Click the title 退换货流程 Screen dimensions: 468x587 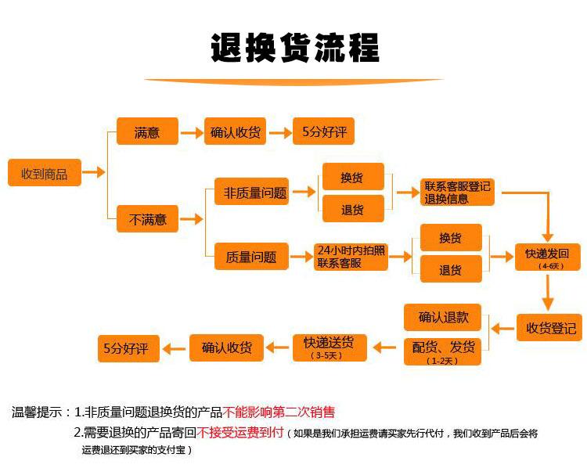[x=294, y=48]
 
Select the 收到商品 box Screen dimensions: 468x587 [x=44, y=173]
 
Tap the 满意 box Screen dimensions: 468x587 [x=147, y=132]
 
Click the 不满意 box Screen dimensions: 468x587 [x=147, y=219]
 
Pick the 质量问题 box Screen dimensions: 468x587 [x=251, y=256]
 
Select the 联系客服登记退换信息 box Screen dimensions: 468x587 [x=457, y=192]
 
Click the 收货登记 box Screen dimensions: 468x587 [x=550, y=327]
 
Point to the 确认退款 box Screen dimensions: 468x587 [x=443, y=317]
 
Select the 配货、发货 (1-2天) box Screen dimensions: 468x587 [x=443, y=351]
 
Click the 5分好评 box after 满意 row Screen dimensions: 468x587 [x=324, y=132]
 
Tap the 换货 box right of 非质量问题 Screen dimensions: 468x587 [x=353, y=177]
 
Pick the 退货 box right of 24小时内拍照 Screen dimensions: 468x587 [x=451, y=270]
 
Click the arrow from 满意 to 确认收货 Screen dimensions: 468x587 [x=191, y=133]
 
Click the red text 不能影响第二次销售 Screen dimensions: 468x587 [x=279, y=412]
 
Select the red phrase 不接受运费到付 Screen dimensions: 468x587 [x=240, y=432]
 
